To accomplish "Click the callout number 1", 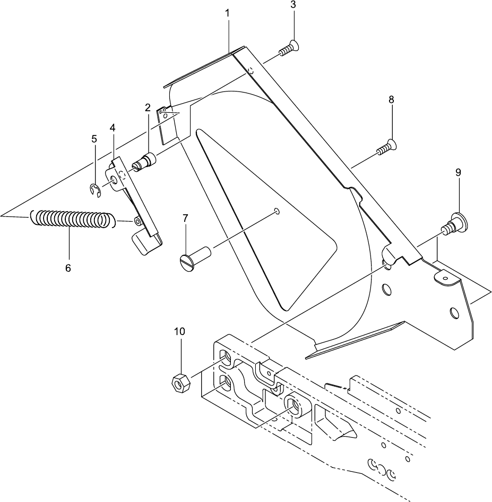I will point(227,13).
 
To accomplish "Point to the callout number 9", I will point(458,172).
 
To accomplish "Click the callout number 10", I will point(179,331).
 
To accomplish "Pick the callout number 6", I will point(68,268).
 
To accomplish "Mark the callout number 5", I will point(94,139).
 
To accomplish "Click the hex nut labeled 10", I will point(179,382).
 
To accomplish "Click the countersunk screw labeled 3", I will point(288,49).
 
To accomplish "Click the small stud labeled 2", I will point(144,161).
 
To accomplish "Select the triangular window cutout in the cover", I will point(260,223).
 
